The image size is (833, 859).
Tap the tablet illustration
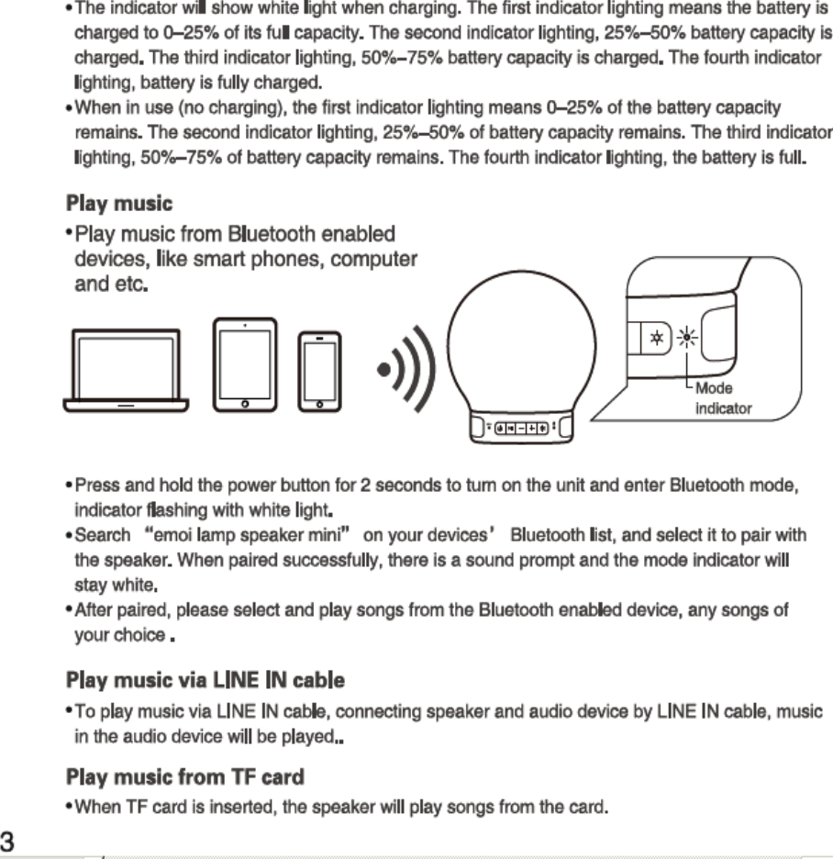pos(244,363)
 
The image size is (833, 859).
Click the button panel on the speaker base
pos(520,428)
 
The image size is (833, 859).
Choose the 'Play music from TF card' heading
pos(184,778)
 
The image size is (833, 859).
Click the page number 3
pos(12,841)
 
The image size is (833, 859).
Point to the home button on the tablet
pos(244,403)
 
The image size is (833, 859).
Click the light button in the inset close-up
pos(656,337)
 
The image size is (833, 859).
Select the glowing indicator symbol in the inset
pos(686,337)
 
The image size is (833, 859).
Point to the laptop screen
pos(126,360)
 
